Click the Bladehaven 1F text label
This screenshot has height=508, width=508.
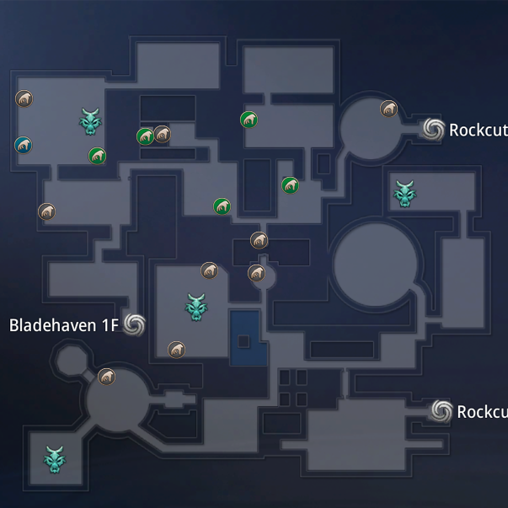(63, 325)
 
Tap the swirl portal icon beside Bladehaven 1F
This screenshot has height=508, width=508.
(133, 324)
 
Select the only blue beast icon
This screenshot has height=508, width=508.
(24, 145)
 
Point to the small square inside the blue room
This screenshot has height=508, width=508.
(243, 341)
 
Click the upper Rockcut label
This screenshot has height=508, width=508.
(478, 130)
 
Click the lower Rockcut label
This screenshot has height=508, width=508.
(481, 412)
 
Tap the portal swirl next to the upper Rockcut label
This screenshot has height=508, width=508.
(433, 128)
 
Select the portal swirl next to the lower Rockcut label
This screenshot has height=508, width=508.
(441, 410)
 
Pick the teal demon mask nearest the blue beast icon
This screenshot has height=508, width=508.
(90, 121)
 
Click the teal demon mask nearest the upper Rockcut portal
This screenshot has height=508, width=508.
(405, 193)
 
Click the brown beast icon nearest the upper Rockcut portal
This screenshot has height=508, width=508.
(388, 109)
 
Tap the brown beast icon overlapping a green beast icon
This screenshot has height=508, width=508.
(162, 134)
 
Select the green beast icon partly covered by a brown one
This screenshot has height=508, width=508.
(145, 136)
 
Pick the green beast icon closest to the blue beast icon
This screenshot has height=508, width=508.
(98, 156)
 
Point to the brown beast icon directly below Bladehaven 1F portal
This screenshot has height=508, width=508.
(106, 377)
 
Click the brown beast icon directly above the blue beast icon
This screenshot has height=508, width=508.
(24, 99)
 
